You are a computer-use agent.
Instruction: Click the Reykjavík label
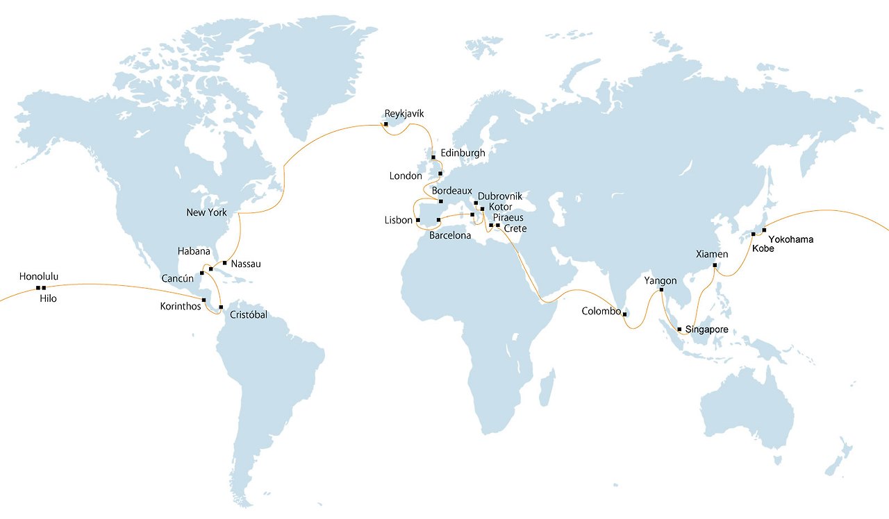coord(404,113)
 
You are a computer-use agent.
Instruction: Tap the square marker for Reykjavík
coord(385,124)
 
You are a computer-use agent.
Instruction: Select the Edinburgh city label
coord(463,153)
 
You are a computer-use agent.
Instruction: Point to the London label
coord(406,176)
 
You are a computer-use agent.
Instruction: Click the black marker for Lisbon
coord(418,221)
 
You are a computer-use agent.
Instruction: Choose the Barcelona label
coord(450,236)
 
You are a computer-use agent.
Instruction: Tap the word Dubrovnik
coord(500,196)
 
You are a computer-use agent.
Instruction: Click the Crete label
coord(515,228)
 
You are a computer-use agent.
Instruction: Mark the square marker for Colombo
coord(625,315)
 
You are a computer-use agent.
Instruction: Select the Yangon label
coord(660,281)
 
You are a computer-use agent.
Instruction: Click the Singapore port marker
coord(679,329)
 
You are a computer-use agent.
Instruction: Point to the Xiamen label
coord(712,255)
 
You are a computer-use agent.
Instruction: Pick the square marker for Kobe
coord(754,235)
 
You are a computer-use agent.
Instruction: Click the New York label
coord(206,212)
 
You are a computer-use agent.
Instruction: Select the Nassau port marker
coord(224,263)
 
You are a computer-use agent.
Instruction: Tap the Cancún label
coord(178,278)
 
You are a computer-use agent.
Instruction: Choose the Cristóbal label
coord(248,315)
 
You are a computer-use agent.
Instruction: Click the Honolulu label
coord(39,277)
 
